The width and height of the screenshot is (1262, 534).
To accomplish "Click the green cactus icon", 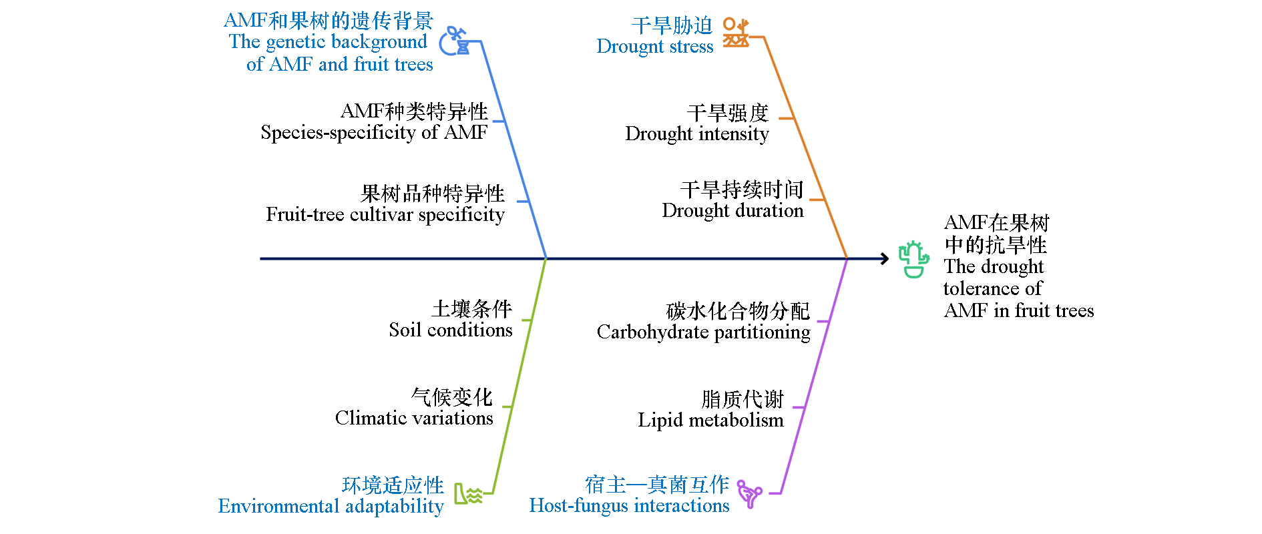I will (x=913, y=259).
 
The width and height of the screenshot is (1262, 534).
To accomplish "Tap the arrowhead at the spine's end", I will (x=885, y=258).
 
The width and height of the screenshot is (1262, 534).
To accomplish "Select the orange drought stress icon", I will (x=736, y=32).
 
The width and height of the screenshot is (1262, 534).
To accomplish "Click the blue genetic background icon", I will (x=454, y=41).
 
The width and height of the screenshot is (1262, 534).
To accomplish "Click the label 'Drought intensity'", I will (x=696, y=134).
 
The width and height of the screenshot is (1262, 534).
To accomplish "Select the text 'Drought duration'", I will (x=732, y=211).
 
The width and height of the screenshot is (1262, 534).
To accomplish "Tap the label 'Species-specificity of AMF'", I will (x=374, y=133).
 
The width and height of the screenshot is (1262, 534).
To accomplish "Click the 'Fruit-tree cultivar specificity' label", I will (x=385, y=215).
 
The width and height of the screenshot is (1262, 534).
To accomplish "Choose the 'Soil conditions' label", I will (x=451, y=330).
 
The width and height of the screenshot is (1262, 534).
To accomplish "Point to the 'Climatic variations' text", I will (x=414, y=419).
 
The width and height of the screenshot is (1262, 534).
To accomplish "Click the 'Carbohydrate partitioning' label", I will (x=703, y=332).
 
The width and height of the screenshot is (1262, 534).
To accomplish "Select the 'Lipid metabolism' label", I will (x=710, y=421).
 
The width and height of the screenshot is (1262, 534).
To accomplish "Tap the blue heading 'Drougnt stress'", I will (x=654, y=47).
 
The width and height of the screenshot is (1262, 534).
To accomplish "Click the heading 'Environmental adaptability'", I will (x=331, y=507).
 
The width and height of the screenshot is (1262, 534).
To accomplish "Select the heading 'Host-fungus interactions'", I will (x=629, y=506).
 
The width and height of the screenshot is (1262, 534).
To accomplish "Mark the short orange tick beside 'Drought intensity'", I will (x=786, y=118).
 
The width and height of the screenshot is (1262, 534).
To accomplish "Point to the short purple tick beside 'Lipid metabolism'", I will (x=798, y=407).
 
